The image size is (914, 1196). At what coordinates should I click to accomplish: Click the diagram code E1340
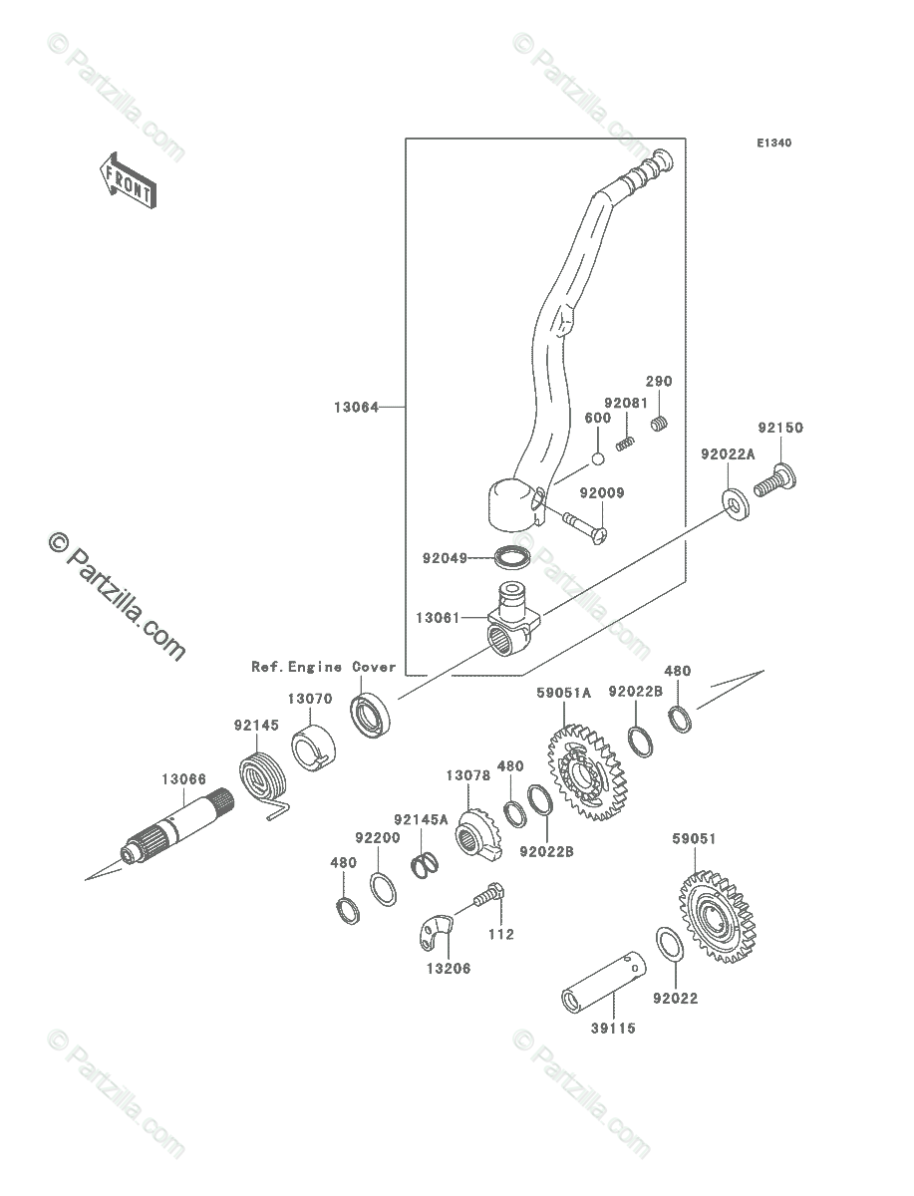(772, 144)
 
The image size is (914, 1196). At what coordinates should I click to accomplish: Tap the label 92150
(779, 428)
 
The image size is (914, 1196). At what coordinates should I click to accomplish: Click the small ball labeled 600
(597, 458)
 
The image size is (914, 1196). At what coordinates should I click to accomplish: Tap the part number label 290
(659, 382)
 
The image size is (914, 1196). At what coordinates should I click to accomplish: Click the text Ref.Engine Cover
(323, 667)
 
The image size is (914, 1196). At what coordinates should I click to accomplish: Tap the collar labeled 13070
(311, 747)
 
